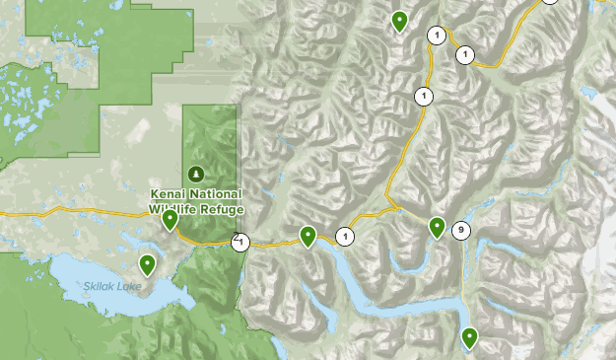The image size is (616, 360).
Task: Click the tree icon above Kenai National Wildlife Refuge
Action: click(x=195, y=174)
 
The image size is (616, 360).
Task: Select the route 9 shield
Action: click(x=460, y=231)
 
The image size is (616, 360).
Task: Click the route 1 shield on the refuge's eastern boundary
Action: click(x=240, y=242)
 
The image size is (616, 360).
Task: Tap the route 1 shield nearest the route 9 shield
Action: click(x=345, y=236)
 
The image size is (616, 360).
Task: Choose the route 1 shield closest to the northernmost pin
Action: click(x=436, y=36)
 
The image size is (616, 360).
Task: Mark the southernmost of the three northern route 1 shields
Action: click(x=424, y=96)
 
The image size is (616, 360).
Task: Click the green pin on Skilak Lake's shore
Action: click(x=147, y=263)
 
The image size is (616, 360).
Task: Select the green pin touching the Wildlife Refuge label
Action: click(x=171, y=219)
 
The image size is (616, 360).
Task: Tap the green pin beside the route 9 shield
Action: click(x=437, y=227)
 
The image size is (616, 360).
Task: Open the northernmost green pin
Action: click(x=399, y=20)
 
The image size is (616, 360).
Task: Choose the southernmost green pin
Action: click(x=469, y=337)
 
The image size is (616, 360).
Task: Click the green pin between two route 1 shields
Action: click(x=308, y=236)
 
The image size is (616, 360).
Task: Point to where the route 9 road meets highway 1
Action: click(x=398, y=208)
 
